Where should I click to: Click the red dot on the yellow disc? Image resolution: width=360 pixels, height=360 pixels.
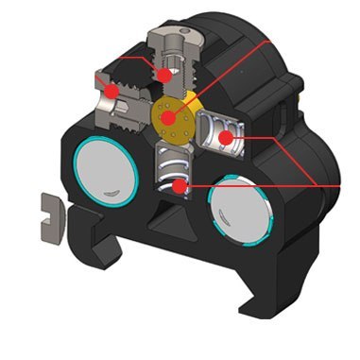click(x=170, y=118)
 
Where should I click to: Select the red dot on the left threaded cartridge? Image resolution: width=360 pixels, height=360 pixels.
click(x=111, y=91)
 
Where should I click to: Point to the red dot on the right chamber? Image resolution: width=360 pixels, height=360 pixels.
click(x=226, y=138)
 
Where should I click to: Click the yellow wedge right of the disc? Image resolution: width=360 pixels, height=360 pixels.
click(x=196, y=100)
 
